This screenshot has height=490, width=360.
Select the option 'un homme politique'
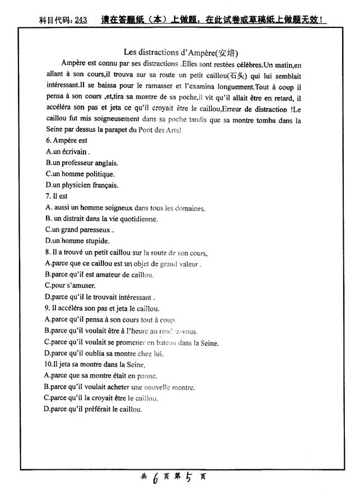click(80, 174)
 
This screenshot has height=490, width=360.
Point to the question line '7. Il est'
click(57, 197)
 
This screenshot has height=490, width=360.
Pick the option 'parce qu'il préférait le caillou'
click(93, 409)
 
